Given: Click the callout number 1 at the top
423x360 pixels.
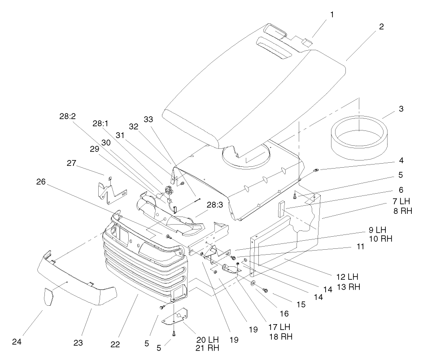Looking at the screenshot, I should pos(332,14).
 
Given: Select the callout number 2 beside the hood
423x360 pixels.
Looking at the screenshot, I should pos(381,26).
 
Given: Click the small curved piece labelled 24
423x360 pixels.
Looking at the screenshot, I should pos(48,297).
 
